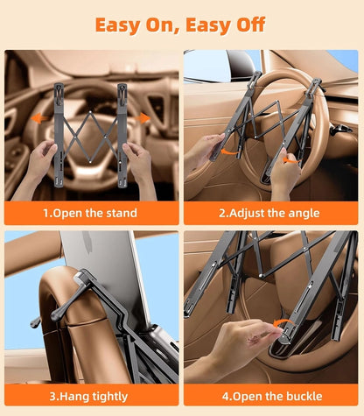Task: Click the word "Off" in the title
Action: click(251, 25)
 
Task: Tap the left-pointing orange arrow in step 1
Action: click(39, 118)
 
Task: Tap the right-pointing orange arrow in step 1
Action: click(143, 118)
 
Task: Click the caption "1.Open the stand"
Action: click(90, 213)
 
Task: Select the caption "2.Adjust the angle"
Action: click(269, 213)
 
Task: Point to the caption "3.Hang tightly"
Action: click(88, 397)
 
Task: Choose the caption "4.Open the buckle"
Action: click(272, 396)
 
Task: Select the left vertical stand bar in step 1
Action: click(59, 135)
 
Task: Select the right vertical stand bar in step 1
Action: click(122, 135)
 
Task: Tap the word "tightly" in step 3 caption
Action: click(110, 397)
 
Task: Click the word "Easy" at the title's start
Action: click(118, 25)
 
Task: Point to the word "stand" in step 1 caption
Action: click(122, 213)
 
